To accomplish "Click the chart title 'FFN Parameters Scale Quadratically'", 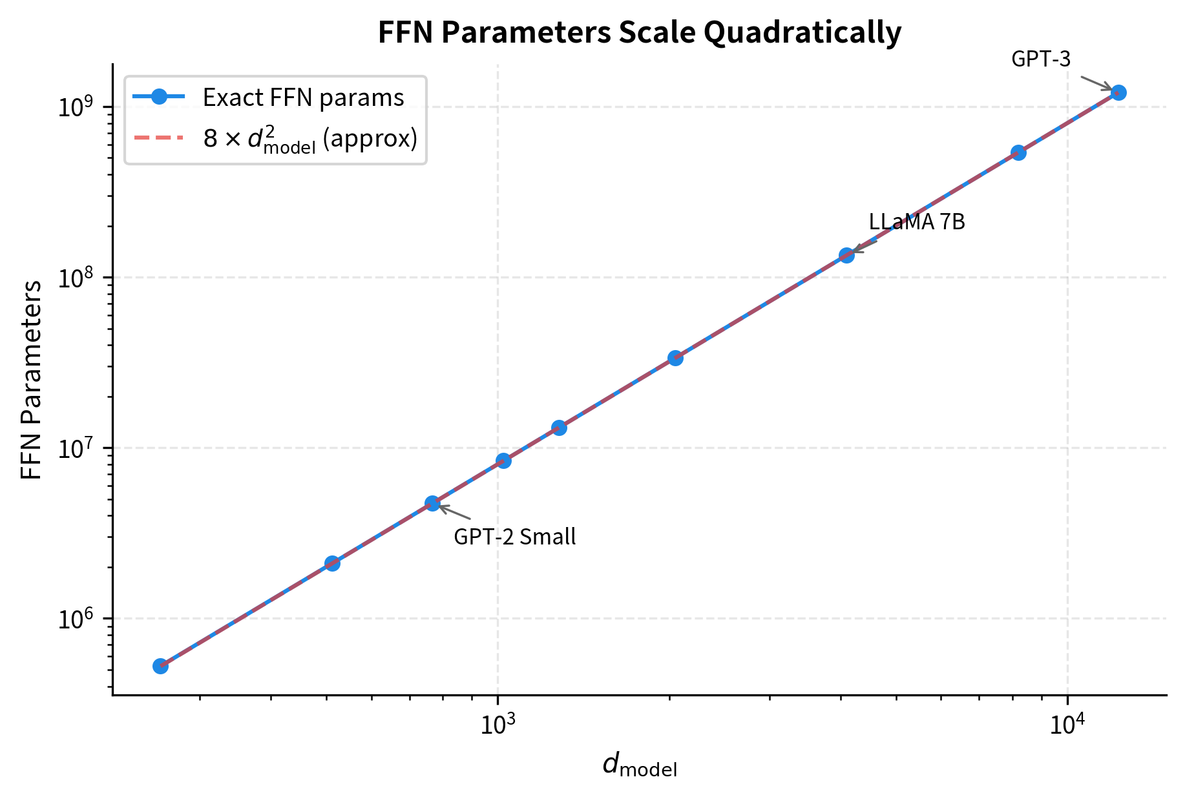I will [639, 32].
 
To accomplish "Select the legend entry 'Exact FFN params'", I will [303, 98].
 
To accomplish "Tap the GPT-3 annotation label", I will [1041, 59].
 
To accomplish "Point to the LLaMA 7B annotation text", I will [917, 222].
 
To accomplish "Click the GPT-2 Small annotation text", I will [514, 537].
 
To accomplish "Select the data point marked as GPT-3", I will [1118, 92].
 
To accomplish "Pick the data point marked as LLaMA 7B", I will [846, 255].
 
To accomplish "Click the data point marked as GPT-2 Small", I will [432, 504].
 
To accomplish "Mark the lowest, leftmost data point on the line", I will [161, 666].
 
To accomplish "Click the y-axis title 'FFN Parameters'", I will [31, 380].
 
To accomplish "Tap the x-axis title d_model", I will [639, 766].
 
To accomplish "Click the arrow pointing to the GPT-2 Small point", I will [455, 513].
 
